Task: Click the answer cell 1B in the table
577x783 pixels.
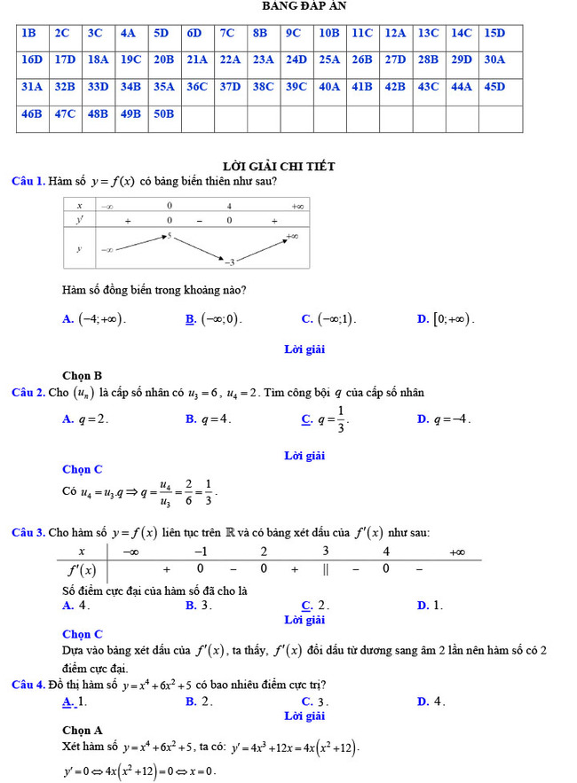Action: click(x=28, y=34)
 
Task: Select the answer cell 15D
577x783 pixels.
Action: click(x=494, y=34)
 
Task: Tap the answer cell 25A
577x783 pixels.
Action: click(x=329, y=60)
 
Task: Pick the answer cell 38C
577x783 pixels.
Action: click(x=263, y=87)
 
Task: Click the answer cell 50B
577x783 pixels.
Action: click(x=163, y=114)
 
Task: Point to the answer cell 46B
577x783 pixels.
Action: click(x=31, y=114)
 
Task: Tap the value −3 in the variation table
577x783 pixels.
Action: click(x=229, y=262)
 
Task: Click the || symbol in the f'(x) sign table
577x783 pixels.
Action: click(x=326, y=568)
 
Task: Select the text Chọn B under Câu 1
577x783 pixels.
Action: click(x=83, y=375)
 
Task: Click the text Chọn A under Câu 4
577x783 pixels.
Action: click(x=83, y=731)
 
